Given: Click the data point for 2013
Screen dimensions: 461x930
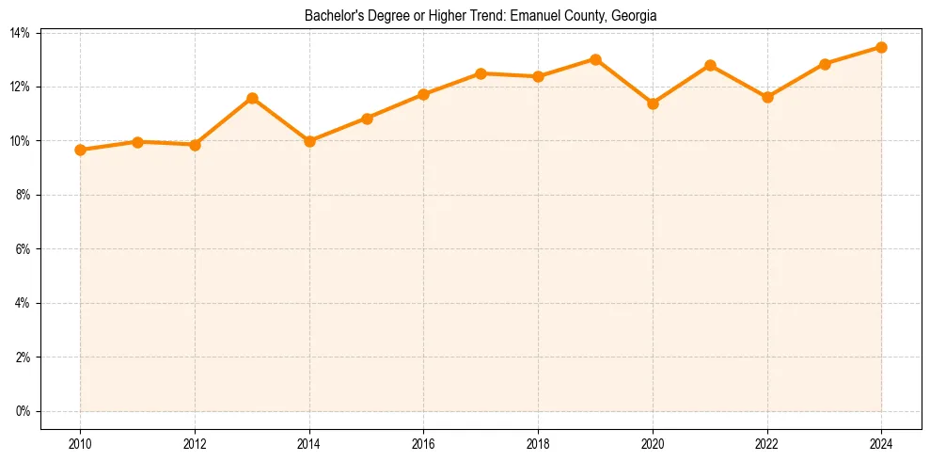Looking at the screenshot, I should tap(252, 98).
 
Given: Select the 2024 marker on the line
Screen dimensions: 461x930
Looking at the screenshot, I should tap(881, 47).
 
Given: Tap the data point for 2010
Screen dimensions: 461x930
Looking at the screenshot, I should tap(80, 150).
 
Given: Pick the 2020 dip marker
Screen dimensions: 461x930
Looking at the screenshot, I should tap(653, 103).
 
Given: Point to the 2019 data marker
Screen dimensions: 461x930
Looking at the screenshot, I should tap(595, 59).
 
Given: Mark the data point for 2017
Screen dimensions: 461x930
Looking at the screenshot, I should tap(481, 73).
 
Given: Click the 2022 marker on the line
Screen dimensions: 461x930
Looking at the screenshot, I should tap(767, 97).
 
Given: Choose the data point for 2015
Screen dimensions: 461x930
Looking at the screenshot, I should tap(367, 119).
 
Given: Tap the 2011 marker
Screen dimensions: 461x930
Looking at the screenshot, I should tap(137, 142).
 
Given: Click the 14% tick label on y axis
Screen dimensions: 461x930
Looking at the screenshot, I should tap(21, 33).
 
